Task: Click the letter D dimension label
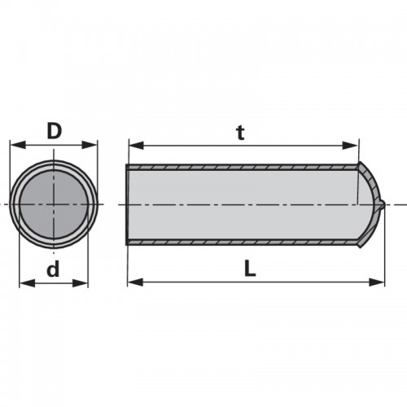tap(55, 131)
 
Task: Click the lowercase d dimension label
tap(53, 269)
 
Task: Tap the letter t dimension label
tap(241, 133)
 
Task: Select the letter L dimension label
tap(250, 269)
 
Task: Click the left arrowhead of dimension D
tap(17, 145)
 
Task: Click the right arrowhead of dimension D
tap(90, 145)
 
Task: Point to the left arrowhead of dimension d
tap(27, 283)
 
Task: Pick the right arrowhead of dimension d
tap(81, 283)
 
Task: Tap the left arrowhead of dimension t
tap(137, 146)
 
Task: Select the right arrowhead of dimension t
tap(351, 146)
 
